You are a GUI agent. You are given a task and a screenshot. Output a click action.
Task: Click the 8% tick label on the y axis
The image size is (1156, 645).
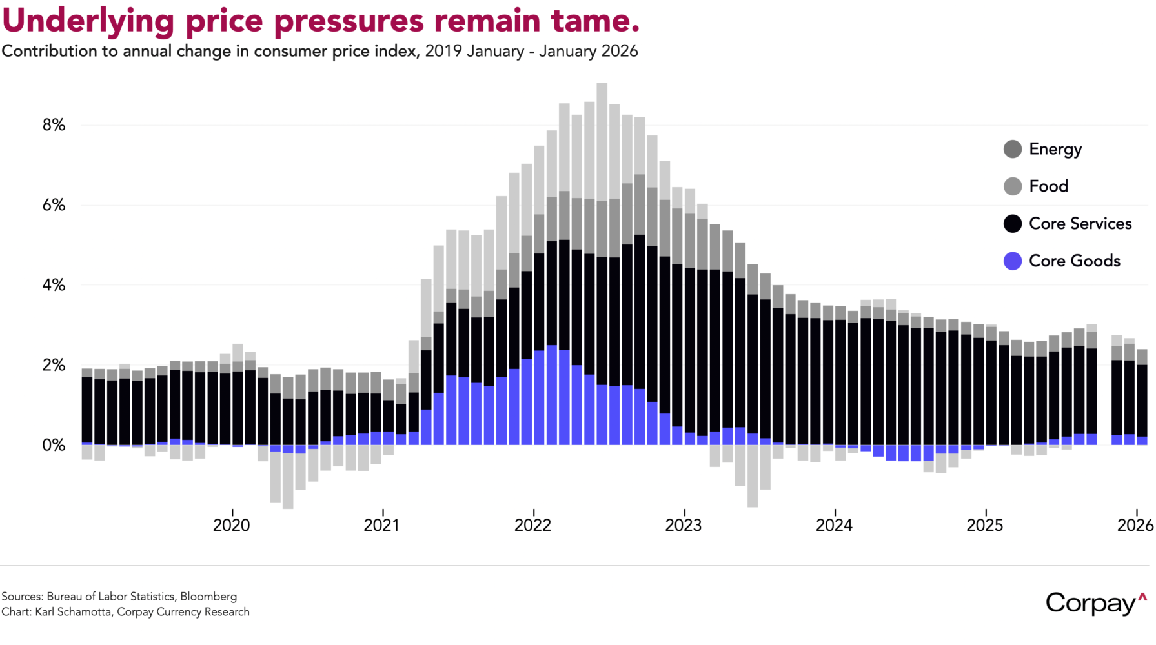click(x=54, y=125)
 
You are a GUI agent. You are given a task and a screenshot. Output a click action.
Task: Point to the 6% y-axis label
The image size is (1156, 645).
click(x=54, y=205)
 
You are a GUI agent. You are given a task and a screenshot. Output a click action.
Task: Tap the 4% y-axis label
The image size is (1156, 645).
click(x=54, y=285)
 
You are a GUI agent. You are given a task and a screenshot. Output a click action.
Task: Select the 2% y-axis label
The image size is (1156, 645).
click(x=54, y=365)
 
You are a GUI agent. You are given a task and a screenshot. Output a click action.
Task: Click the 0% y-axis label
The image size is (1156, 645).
click(x=54, y=445)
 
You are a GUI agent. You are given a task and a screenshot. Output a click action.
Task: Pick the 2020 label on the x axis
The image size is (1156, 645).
click(x=232, y=525)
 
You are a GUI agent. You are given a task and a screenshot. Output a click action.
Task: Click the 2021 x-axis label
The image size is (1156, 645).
click(x=382, y=525)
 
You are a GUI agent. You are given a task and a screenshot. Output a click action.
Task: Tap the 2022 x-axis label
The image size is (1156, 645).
click(x=533, y=525)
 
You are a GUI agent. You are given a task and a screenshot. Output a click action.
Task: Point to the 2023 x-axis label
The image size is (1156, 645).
click(x=684, y=525)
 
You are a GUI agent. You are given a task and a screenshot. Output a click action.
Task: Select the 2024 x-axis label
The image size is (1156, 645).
click(x=835, y=525)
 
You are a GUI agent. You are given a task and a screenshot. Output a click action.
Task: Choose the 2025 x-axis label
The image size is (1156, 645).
click(x=985, y=525)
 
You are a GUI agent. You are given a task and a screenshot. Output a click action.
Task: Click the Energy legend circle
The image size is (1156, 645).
click(x=1013, y=149)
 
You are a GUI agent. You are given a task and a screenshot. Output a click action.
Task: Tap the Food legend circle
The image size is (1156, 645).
click(x=1013, y=186)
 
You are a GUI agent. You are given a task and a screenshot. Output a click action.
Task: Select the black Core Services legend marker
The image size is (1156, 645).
click(x=1013, y=224)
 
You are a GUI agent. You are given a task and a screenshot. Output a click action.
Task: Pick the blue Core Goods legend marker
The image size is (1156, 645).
click(x=1013, y=261)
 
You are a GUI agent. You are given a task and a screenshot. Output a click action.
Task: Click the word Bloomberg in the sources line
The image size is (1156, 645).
click(x=208, y=597)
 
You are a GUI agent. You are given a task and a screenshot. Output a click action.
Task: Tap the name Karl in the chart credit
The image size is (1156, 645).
click(x=45, y=612)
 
